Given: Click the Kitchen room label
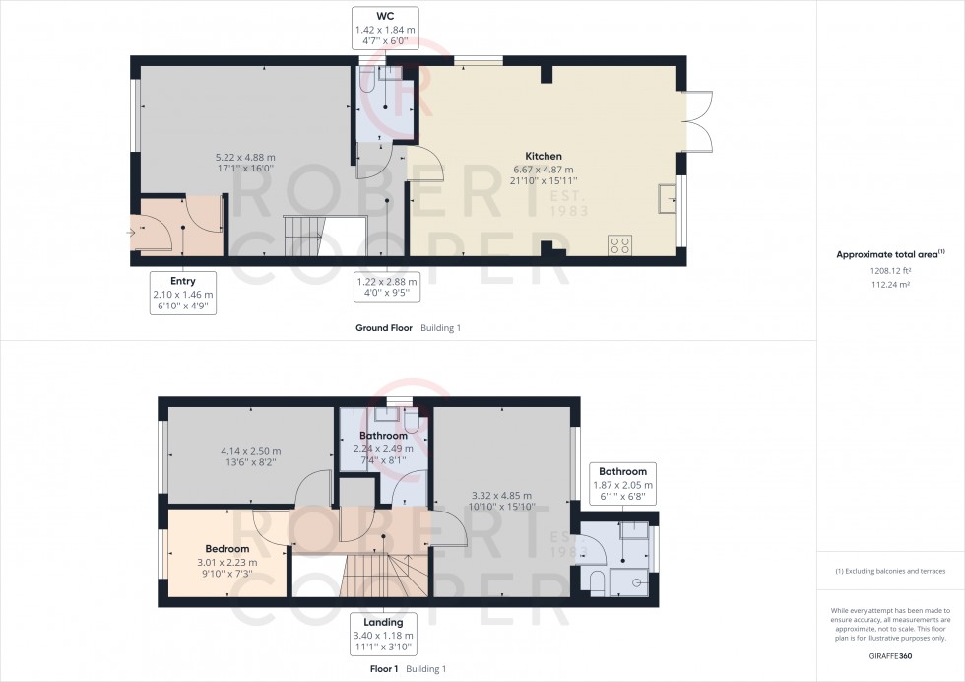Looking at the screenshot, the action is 544,156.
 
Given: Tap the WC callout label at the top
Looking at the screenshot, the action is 385,16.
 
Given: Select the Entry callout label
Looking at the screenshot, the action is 183,281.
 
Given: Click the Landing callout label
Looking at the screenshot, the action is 383,622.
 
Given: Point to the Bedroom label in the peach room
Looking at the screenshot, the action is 227,548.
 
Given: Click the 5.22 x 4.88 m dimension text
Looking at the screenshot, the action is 245,157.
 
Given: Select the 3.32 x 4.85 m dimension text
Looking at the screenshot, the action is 501,496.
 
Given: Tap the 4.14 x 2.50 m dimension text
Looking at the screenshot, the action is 251,451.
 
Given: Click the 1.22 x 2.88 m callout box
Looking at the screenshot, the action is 386,287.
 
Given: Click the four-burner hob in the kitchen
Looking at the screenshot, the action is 619,245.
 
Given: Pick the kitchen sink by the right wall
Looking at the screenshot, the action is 668,198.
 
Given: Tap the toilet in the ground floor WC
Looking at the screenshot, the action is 367,80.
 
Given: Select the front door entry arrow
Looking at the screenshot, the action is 131,233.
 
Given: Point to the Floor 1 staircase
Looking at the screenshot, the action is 384,575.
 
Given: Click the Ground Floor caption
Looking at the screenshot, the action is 384,328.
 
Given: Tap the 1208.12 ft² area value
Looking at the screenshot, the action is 890,270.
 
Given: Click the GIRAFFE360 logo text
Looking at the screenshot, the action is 890,656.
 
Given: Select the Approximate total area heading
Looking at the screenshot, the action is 890,254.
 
